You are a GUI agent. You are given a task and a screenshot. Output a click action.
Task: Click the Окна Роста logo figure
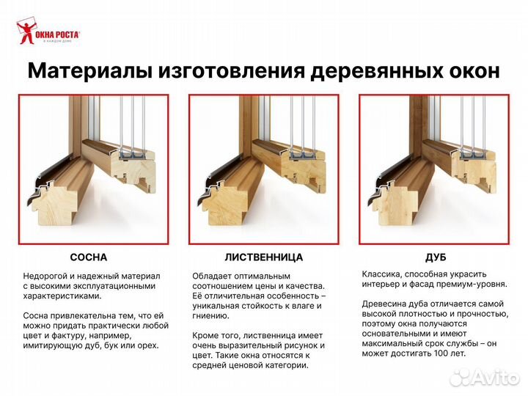(27, 33)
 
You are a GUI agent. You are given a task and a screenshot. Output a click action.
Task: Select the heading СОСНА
(88, 257)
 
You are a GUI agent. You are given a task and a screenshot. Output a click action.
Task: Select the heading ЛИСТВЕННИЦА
(263, 257)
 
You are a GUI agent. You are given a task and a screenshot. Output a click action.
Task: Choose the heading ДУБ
(436, 257)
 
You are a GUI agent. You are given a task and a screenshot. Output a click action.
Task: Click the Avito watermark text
(494, 377)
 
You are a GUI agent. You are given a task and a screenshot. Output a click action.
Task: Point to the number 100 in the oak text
(440, 353)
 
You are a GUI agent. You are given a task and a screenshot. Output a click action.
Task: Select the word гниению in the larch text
(211, 315)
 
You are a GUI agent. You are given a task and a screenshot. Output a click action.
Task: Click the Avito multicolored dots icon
(460, 377)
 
